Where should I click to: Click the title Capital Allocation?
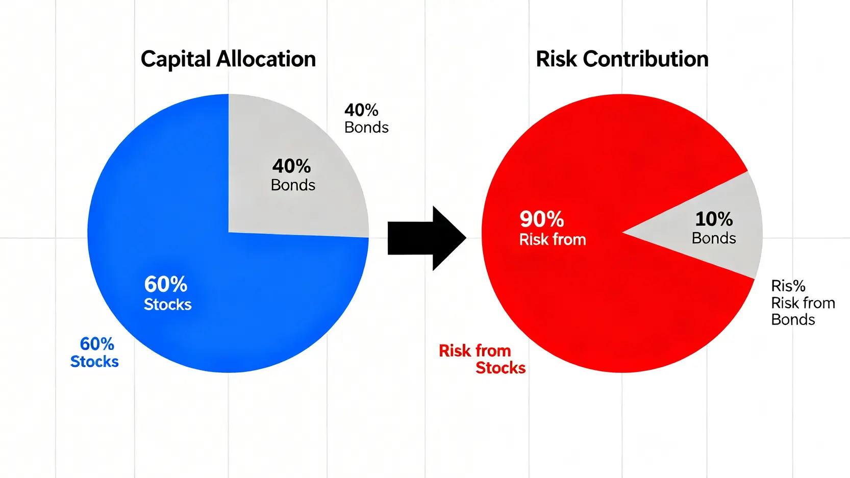pos(228,60)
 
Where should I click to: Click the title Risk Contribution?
pos(622,59)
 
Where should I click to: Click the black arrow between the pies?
pos(427,238)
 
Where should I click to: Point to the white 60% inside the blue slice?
pos(165,284)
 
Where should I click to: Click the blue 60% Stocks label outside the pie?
pos(94,353)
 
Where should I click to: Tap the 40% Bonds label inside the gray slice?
pos(292,175)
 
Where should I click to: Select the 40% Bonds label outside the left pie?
pos(366,119)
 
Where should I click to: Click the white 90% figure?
pos(542,219)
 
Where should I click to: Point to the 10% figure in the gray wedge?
pos(714,219)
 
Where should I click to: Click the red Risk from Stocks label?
pos(482,359)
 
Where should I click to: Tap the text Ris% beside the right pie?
pos(788,286)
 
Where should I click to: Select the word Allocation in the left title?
pos(266,60)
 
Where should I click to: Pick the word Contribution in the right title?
pos(645,59)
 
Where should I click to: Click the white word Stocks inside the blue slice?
pos(168,305)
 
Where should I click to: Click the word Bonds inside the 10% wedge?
pos(714,238)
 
